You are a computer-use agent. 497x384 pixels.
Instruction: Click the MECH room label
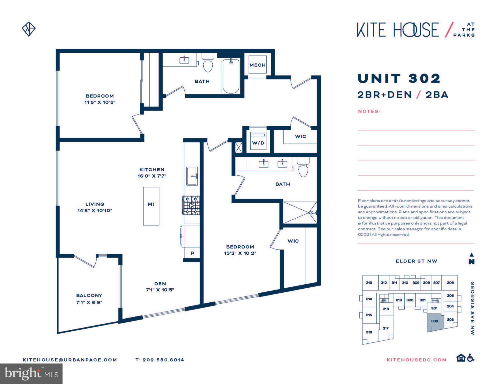(257, 65)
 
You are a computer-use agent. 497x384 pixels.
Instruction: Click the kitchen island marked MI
(151, 206)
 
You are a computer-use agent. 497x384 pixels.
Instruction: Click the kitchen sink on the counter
(192, 176)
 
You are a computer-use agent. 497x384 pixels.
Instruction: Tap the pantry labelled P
(192, 253)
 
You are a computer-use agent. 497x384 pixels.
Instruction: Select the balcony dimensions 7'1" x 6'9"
(89, 302)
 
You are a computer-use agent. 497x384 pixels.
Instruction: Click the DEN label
(160, 283)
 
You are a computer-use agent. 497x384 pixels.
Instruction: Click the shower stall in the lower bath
(300, 212)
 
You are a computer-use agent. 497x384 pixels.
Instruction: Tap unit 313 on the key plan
(369, 283)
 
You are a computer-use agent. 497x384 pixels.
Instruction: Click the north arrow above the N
(471, 254)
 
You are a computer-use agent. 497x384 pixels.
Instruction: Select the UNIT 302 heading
(399, 78)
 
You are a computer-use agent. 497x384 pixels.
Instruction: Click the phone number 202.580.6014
(163, 360)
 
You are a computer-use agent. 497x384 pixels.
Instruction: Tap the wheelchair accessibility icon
(471, 358)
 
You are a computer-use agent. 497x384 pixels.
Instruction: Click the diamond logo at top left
(29, 29)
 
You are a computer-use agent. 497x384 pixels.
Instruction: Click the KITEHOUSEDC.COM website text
(416, 360)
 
